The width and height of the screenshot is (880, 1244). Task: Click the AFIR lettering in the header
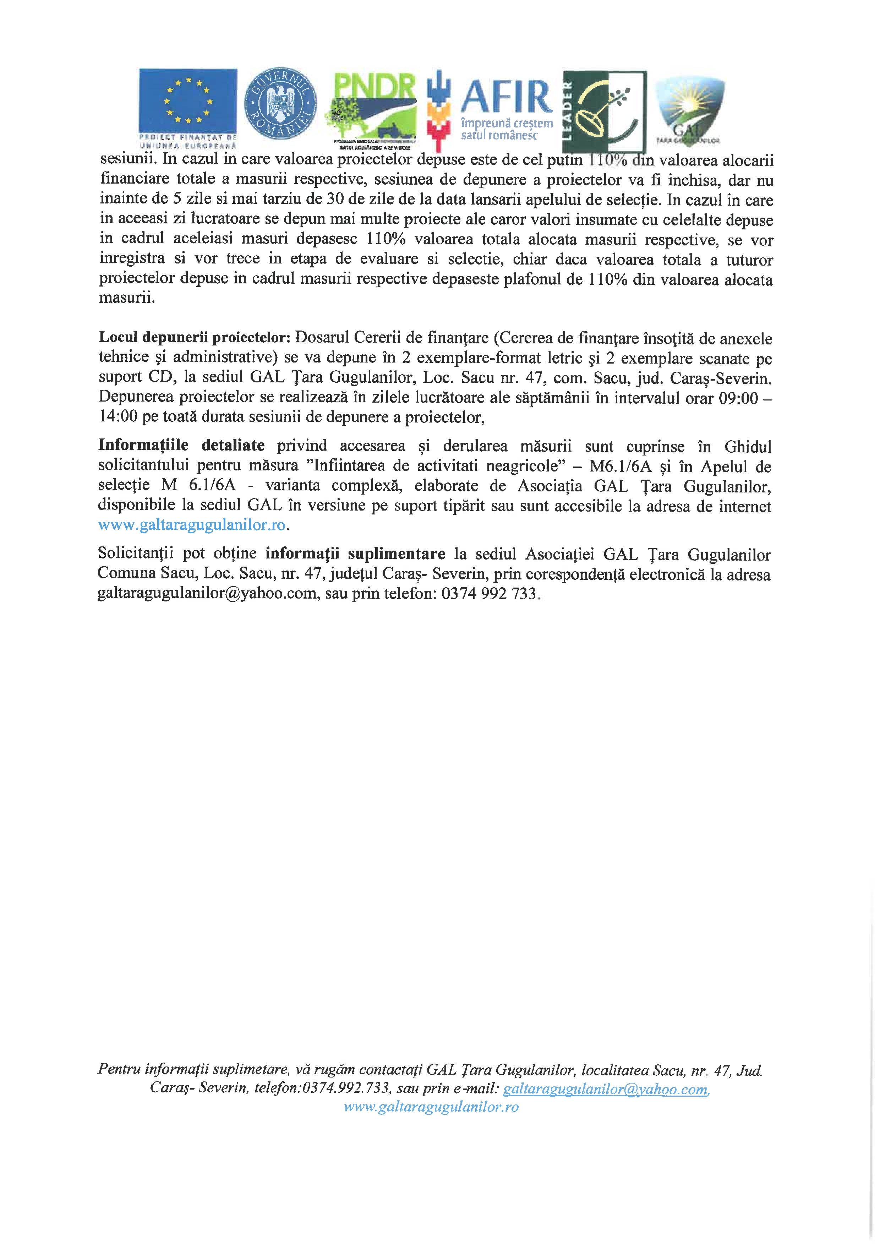506,97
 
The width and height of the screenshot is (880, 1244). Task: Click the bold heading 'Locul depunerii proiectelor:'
195,338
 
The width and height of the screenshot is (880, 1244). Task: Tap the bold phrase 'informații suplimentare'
355,554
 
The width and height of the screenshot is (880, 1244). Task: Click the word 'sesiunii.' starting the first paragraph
128,160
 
